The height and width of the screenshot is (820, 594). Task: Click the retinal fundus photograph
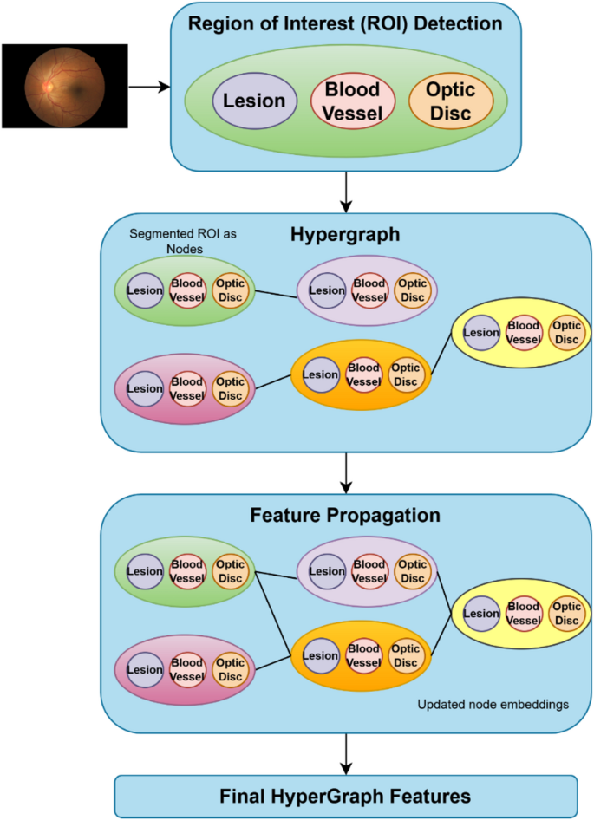click(64, 86)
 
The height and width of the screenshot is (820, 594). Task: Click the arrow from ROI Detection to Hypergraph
click(346, 190)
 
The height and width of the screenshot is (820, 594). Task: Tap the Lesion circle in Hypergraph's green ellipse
click(144, 290)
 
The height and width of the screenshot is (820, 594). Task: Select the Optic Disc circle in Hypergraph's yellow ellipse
click(566, 333)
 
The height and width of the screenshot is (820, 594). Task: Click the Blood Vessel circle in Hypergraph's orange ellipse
click(363, 374)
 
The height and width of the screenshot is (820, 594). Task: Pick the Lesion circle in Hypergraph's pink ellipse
click(144, 388)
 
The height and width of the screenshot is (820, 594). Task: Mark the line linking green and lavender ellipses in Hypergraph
click(276, 292)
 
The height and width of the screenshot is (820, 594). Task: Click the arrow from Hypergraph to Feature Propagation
click(346, 472)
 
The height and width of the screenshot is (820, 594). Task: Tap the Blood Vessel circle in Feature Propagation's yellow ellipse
click(523, 614)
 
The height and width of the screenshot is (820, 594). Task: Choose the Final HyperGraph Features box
click(345, 795)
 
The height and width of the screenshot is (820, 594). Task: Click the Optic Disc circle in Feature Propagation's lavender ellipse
click(412, 571)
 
